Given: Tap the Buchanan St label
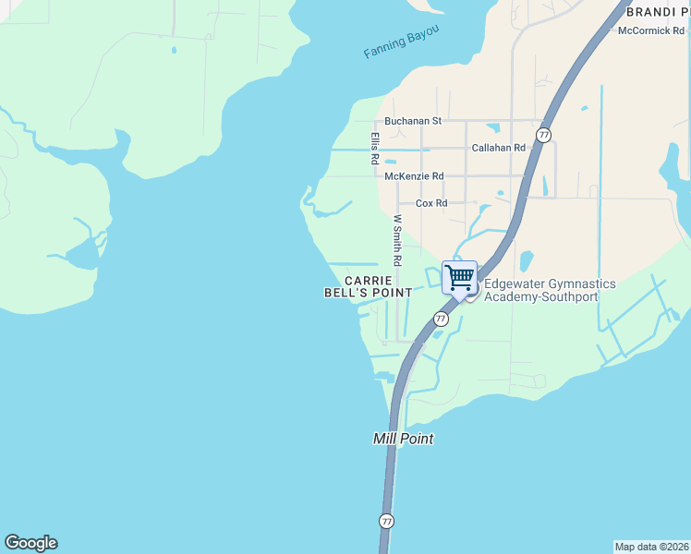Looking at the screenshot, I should pyautogui.click(x=413, y=121).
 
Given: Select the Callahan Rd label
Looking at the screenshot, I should pyautogui.click(x=498, y=148).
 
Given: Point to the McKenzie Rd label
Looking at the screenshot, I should pyautogui.click(x=414, y=175).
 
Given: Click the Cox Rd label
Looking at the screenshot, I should pyautogui.click(x=431, y=203).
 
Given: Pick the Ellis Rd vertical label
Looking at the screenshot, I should pyautogui.click(x=375, y=148).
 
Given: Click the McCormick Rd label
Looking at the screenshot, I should pyautogui.click(x=651, y=30).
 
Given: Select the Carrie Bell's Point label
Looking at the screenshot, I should pyautogui.click(x=368, y=286).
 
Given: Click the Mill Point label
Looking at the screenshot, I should pyautogui.click(x=403, y=439).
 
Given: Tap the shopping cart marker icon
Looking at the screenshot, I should pyautogui.click(x=459, y=277).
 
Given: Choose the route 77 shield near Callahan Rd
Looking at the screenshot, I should pyautogui.click(x=543, y=135).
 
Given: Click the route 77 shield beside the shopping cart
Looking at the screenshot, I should pyautogui.click(x=441, y=319).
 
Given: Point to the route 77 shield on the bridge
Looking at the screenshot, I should pyautogui.click(x=386, y=521).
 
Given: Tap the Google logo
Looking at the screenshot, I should pyautogui.click(x=30, y=543).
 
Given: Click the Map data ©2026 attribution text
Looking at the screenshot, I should pyautogui.click(x=651, y=547).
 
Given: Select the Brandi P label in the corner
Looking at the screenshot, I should pyautogui.click(x=657, y=12).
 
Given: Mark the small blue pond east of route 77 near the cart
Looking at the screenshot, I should pyautogui.click(x=526, y=260).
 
